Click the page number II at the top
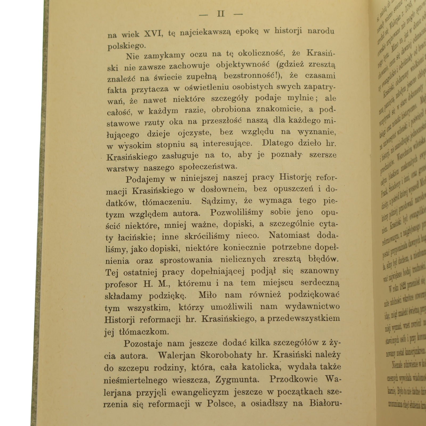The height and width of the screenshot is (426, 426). click(221, 14)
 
